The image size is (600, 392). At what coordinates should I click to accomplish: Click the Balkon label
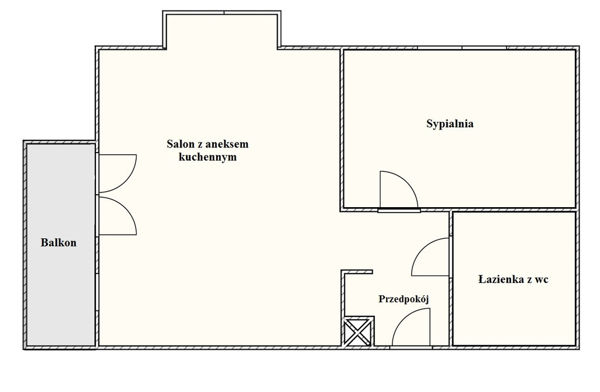(59, 242)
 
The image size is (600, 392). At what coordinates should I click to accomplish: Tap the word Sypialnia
(450, 124)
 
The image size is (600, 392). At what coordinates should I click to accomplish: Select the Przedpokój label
(404, 299)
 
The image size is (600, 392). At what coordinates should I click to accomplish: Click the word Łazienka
(501, 279)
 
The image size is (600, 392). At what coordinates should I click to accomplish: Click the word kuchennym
(208, 157)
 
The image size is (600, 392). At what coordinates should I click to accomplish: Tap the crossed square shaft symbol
(357, 332)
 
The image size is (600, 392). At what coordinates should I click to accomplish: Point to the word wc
(542, 280)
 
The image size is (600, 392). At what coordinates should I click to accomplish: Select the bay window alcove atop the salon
(222, 31)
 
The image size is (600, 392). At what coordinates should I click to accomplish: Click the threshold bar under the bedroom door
(398, 210)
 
